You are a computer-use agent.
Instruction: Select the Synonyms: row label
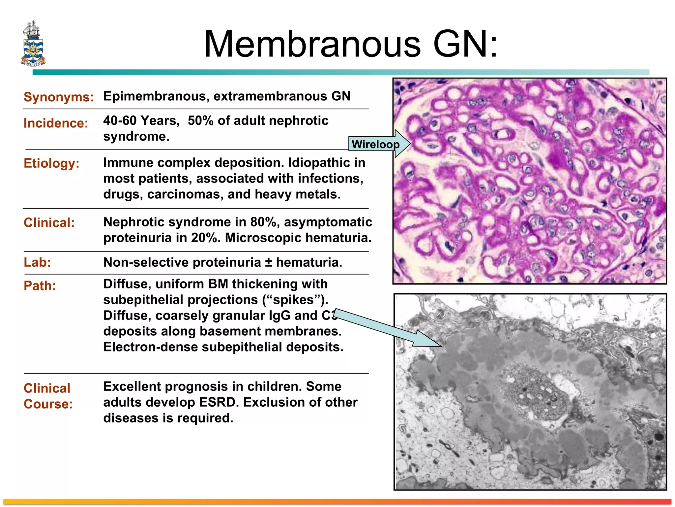59,97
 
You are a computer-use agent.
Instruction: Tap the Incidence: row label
56,123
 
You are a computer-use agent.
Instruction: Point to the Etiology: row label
51,163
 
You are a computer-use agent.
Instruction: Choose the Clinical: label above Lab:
49,223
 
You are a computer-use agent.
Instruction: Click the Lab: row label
37,262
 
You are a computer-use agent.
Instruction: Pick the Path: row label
40,286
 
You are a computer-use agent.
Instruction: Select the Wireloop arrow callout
379,144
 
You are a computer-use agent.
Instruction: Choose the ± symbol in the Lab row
269,262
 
